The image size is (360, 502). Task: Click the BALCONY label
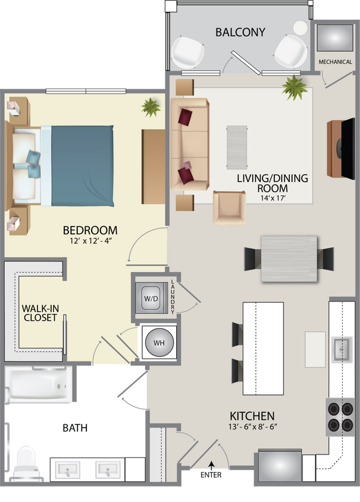240,32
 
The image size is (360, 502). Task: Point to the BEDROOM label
90,230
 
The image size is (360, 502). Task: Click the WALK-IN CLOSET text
40,313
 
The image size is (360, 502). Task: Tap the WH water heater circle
158,343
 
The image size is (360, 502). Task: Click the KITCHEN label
252,415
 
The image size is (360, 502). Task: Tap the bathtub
38,385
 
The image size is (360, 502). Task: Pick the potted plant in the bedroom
151,108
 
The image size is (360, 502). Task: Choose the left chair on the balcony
189,52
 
